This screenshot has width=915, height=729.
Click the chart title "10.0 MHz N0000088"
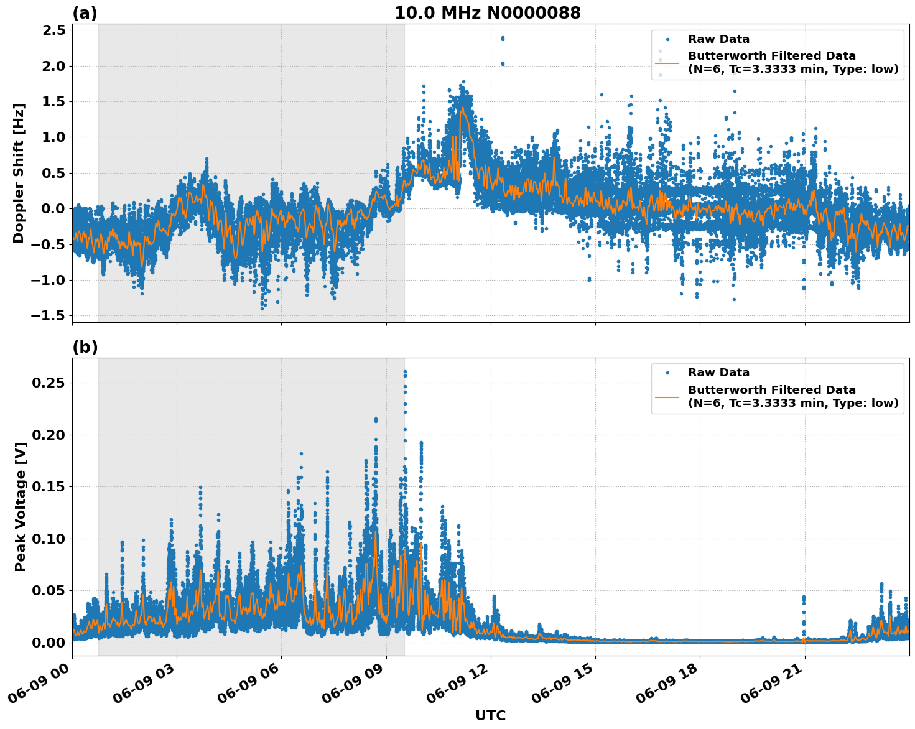pyautogui.click(x=487, y=13)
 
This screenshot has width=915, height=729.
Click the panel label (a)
pyautogui.click(x=85, y=13)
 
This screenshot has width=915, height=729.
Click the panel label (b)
pyautogui.click(x=85, y=347)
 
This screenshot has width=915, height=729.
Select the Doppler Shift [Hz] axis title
pyautogui.click(x=19, y=173)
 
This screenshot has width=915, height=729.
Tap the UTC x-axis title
pyautogui.click(x=490, y=715)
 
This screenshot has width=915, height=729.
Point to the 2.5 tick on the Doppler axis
pyautogui.click(x=53, y=30)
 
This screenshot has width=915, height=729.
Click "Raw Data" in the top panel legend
pyautogui.click(x=718, y=40)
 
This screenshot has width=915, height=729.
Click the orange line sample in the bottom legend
pyautogui.click(x=667, y=396)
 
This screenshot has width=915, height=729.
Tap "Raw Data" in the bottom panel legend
pyautogui.click(x=718, y=373)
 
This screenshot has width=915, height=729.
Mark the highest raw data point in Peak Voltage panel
pyautogui.click(x=405, y=372)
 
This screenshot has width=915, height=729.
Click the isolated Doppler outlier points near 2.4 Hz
pyautogui.click(x=503, y=39)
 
